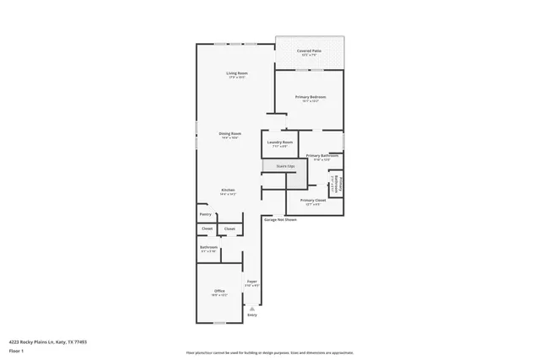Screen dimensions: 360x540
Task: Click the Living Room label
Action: [x=236, y=73]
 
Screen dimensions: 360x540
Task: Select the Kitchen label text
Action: [x=228, y=190]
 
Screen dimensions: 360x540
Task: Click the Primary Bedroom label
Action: [x=310, y=98]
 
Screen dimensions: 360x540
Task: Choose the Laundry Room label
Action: [x=279, y=142]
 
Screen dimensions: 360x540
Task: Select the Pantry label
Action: [x=206, y=214]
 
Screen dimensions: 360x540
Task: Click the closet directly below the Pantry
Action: [x=207, y=228]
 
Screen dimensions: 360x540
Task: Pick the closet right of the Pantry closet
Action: [x=229, y=228]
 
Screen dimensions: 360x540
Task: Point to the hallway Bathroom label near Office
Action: [x=209, y=247]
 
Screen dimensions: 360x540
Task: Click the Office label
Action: [x=219, y=291]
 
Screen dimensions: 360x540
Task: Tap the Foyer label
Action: [x=251, y=281]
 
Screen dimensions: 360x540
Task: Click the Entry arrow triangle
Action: [x=251, y=309]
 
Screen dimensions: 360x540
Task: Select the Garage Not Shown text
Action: [x=280, y=219]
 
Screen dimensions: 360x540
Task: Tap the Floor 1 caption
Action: [x=16, y=350]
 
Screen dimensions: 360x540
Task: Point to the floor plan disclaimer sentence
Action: [x=270, y=353]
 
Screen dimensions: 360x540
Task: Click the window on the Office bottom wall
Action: [x=219, y=323]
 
